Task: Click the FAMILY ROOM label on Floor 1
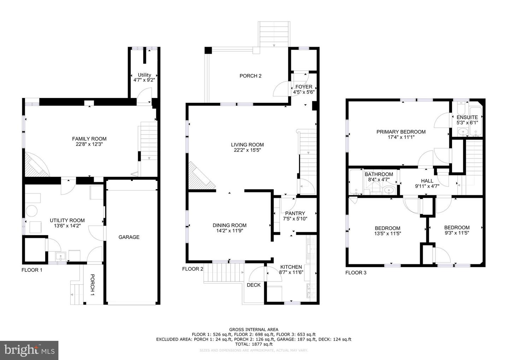point(89,139)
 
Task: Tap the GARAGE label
point(129,237)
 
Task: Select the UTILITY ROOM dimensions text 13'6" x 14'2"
point(67,226)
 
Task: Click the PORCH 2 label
point(250,76)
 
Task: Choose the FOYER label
point(304,87)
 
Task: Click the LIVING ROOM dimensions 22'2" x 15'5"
point(247,150)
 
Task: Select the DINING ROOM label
point(229,225)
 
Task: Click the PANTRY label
point(295,213)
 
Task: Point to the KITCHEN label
point(291,267)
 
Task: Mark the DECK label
point(253,285)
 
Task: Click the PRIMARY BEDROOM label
point(401,132)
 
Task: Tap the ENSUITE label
point(467,117)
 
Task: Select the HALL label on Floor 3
point(427,181)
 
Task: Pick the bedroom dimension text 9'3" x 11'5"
point(457,233)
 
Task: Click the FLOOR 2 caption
point(193,269)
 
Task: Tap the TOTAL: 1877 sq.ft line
point(253,344)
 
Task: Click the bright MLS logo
point(29,350)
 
